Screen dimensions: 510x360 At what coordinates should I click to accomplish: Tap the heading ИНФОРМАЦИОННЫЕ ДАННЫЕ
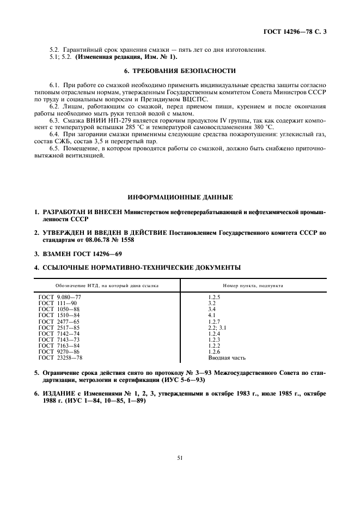[x=180, y=196]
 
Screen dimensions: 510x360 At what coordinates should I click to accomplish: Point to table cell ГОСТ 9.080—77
[x=59, y=297]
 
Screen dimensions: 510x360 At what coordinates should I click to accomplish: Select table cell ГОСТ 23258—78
[x=60, y=358]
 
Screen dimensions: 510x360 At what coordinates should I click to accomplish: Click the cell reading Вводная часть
[x=227, y=358]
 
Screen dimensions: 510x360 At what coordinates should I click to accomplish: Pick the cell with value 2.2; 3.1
[x=218, y=328]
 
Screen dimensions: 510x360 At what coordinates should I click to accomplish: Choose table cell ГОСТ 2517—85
[x=59, y=328]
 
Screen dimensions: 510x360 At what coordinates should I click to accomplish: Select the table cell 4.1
[x=212, y=315]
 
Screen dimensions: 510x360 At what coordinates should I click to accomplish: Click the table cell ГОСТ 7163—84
[x=59, y=346]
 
